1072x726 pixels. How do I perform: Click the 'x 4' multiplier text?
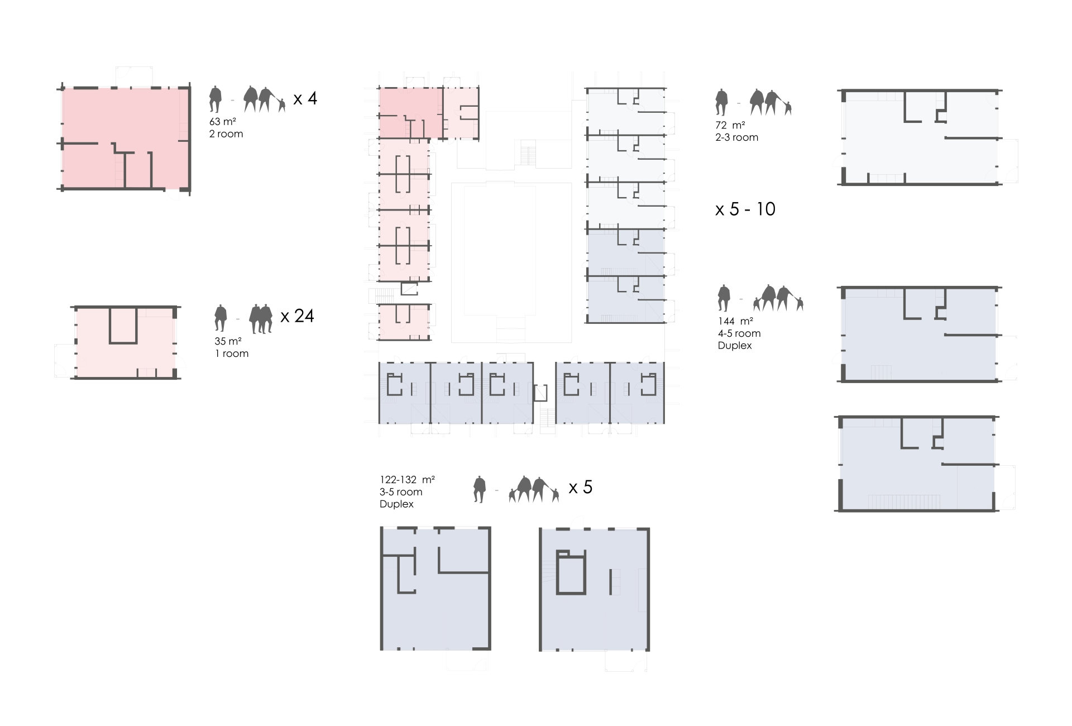coord(305,99)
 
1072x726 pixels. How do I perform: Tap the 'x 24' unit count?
coord(297,316)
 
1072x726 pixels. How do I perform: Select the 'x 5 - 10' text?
coord(745,209)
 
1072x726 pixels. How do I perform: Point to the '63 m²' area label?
coord(222,122)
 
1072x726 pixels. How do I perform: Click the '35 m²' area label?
coord(228,341)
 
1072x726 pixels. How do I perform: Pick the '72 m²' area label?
coord(730,125)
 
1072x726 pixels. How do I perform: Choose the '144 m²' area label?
coord(735,321)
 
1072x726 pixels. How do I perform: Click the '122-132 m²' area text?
coord(407,480)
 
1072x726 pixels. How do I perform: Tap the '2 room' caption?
coord(226,134)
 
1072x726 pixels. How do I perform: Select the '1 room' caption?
coord(232,354)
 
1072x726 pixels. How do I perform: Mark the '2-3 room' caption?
coord(736,137)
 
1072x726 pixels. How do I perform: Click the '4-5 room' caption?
coord(739,333)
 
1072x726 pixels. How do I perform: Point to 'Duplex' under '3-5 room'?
coord(396,504)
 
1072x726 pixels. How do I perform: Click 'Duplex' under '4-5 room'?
coord(735,346)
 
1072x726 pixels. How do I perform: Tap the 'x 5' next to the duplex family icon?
coord(580,488)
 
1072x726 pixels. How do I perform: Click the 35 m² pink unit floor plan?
coord(126,342)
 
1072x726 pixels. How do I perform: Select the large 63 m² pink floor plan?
coord(125,138)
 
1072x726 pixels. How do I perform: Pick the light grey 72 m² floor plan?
coord(919,137)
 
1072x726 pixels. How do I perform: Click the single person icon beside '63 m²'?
coord(215,99)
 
